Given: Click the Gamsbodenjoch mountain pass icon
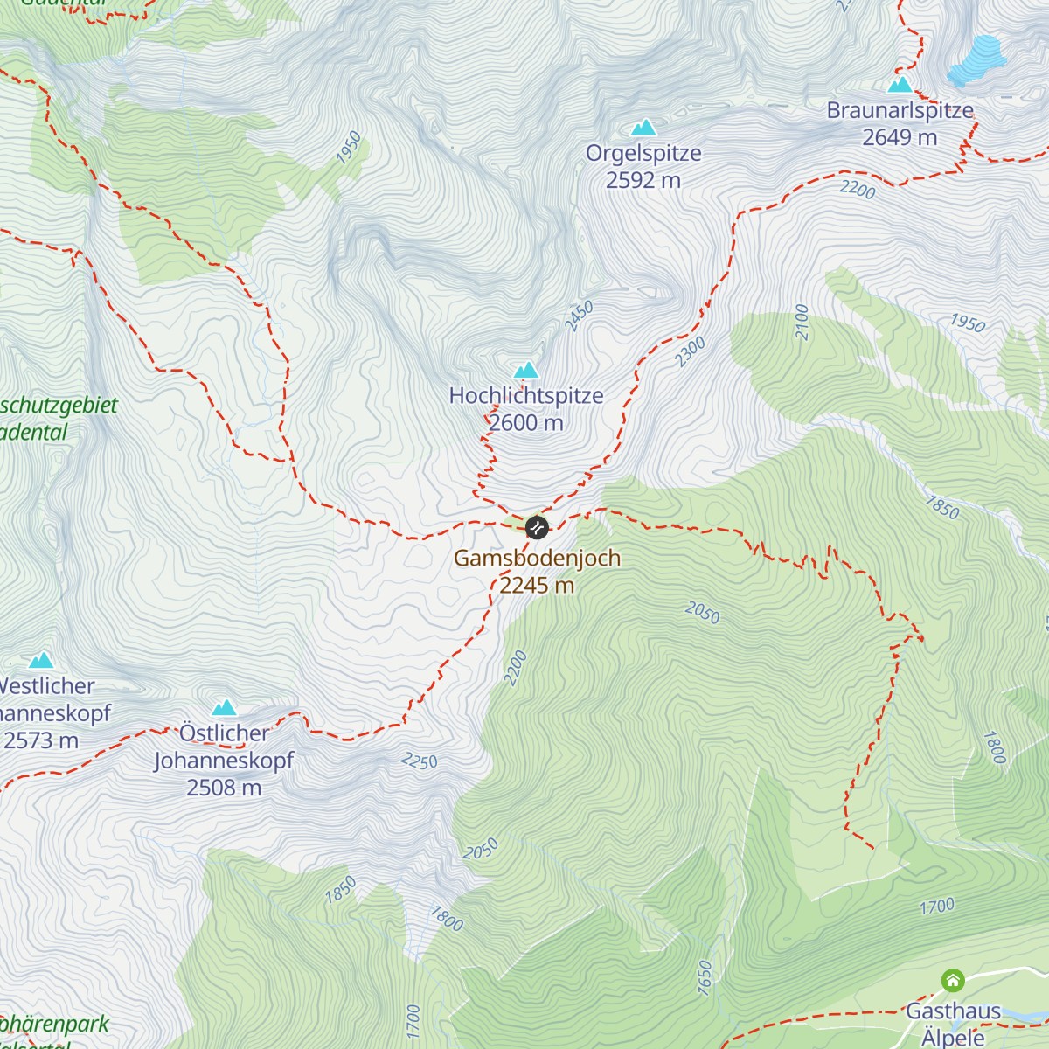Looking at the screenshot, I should pos(537,528).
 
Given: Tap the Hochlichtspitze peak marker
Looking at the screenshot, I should pos(526,370).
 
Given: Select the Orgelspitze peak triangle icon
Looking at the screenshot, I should pos(644,128).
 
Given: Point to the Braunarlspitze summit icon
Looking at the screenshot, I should pos(900,85).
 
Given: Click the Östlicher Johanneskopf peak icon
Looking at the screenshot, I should pos(225,707).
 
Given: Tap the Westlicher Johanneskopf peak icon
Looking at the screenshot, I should pos(41,660).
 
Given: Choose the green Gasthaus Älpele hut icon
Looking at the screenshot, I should pos(952,981).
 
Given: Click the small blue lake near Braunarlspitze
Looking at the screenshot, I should pos(976,59).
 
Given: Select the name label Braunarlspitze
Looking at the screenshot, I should pos(900,111).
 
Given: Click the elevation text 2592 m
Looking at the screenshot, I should pos(643,180).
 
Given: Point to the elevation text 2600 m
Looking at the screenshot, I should pos(526,423).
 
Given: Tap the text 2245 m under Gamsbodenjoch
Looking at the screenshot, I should pos(537,586).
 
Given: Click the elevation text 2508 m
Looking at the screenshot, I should pos(224,788).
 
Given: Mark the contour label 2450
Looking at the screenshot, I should pos(579,316).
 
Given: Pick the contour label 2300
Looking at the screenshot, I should pos(690,351).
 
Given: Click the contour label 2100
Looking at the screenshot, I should pos(802,323).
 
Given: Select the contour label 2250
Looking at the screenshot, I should pos(419,761).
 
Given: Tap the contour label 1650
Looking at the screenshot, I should pos(705,976).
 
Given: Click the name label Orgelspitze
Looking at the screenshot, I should pos(643,154).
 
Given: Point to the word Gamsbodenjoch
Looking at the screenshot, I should pos(537,559).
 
